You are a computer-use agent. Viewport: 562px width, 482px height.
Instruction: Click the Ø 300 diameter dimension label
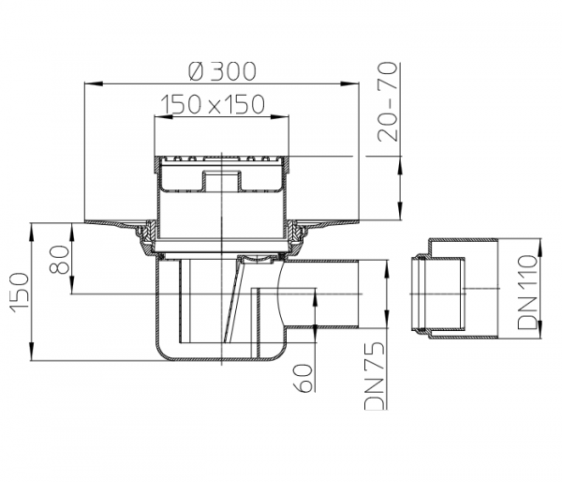(222, 70)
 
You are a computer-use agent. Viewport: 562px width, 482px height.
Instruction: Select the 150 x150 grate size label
(213, 104)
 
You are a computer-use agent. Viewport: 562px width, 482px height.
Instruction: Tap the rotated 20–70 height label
(388, 102)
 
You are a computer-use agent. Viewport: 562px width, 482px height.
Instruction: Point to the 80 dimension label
(59, 260)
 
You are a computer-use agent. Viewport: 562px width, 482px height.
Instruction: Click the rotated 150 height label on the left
(19, 293)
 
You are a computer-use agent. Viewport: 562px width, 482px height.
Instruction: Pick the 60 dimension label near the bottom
(303, 378)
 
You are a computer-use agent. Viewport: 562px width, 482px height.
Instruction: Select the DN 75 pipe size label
(375, 375)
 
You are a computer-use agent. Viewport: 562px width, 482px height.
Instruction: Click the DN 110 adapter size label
(527, 293)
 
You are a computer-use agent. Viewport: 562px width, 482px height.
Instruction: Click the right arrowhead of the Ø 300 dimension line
(349, 83)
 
